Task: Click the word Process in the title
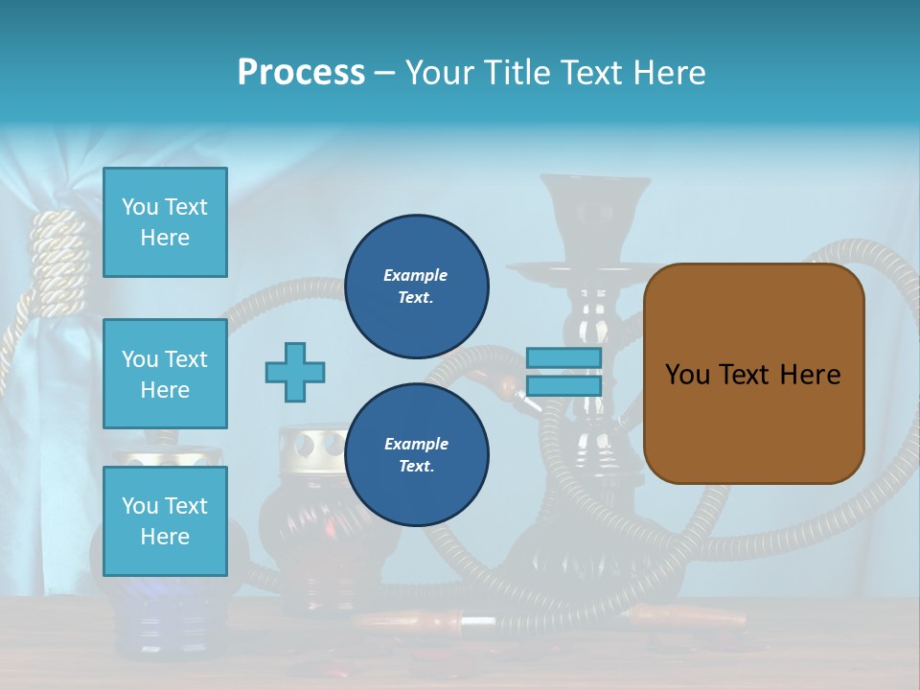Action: click(301, 73)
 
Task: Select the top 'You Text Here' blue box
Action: click(165, 222)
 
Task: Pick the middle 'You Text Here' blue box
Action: click(165, 374)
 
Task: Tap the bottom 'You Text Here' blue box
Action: click(165, 520)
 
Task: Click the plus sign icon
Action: click(294, 372)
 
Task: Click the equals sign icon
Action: click(563, 372)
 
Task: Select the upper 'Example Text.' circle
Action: click(416, 287)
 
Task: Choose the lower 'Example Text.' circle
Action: click(416, 455)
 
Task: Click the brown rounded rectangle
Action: click(753, 374)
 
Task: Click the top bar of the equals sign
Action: click(563, 358)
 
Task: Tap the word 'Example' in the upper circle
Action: click(416, 275)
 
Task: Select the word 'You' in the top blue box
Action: click(140, 207)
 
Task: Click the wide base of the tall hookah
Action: click(594, 565)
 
